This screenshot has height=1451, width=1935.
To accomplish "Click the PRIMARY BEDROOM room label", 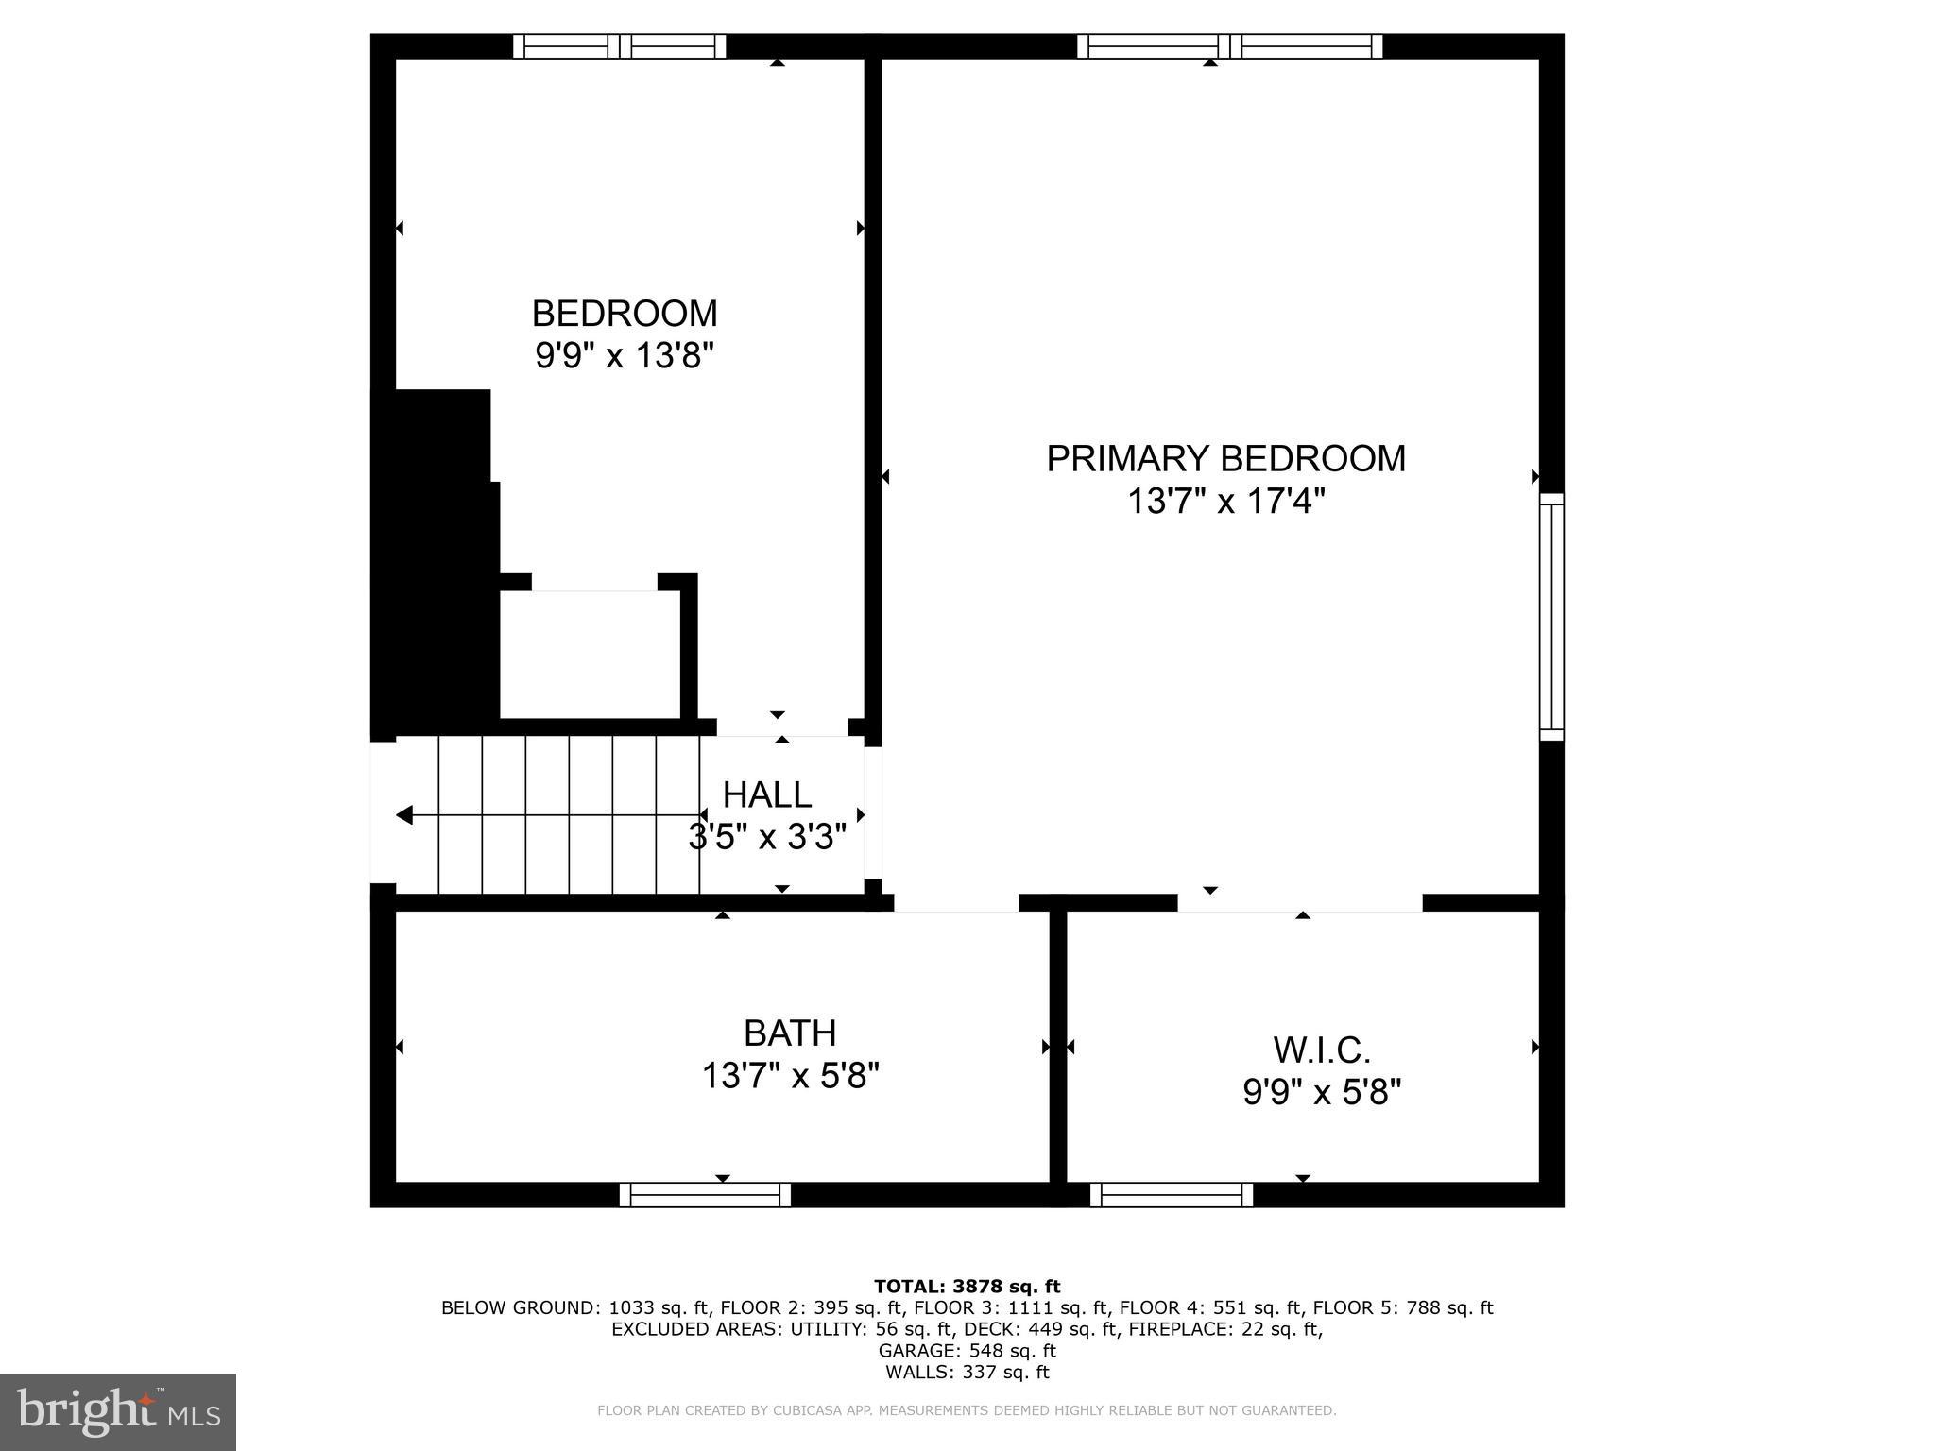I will tap(1225, 458).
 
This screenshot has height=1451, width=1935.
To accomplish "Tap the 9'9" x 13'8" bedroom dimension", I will tap(624, 356).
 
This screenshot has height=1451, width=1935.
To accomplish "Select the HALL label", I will tap(766, 794).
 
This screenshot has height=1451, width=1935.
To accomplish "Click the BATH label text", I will tap(790, 1033).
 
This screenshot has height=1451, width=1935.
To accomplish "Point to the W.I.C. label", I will tap(1321, 1050).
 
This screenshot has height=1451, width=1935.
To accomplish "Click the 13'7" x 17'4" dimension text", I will tap(1225, 502).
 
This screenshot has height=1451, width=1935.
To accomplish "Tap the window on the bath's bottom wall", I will tap(705, 1195).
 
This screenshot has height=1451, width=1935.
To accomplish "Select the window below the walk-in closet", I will tap(1172, 1195).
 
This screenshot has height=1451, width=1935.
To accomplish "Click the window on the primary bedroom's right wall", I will tap(1551, 616).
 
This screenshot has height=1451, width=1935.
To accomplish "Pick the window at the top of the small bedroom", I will tap(620, 46).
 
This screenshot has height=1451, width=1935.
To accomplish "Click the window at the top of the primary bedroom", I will tap(1229, 46).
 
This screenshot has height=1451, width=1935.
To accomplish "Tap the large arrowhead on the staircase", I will tap(404, 814).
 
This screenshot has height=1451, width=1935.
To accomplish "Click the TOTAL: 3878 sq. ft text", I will tap(967, 1286).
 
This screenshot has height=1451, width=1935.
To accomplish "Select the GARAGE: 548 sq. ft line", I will tap(967, 1351).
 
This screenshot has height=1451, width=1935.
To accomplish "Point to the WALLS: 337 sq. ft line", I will tap(967, 1373).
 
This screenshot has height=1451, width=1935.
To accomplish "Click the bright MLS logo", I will tap(118, 1411).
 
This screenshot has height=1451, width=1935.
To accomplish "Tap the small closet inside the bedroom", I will tap(590, 655).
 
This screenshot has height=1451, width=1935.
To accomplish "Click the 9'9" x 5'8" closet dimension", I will tap(1321, 1093).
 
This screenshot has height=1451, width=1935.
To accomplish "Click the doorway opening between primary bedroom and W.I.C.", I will tap(1299, 902).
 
